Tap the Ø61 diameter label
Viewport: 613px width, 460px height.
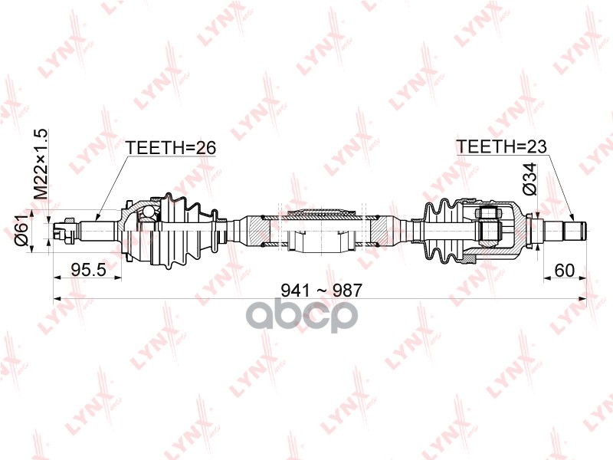click(22, 229)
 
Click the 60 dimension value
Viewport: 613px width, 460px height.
click(565, 269)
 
